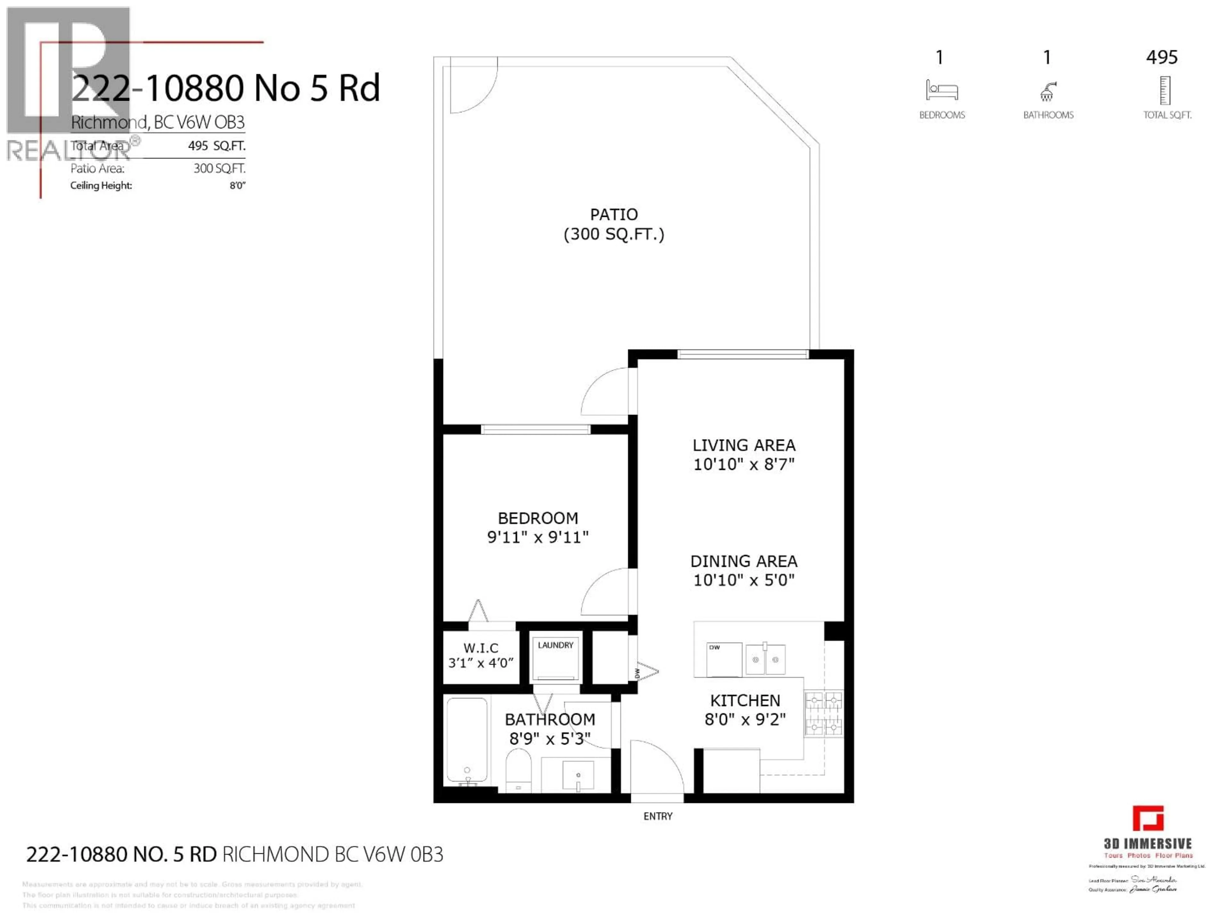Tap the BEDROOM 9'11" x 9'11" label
pyautogui.click(x=538, y=528)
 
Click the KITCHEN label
pyautogui.click(x=745, y=701)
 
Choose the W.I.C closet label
pyautogui.click(x=481, y=648)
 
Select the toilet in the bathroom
pyautogui.click(x=518, y=770)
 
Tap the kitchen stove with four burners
pyautogui.click(x=824, y=713)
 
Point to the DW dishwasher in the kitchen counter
pyautogui.click(x=724, y=659)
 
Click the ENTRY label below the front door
pyautogui.click(x=658, y=816)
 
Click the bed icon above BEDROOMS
pyautogui.click(x=942, y=90)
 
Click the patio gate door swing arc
pyautogui.click(x=473, y=89)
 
